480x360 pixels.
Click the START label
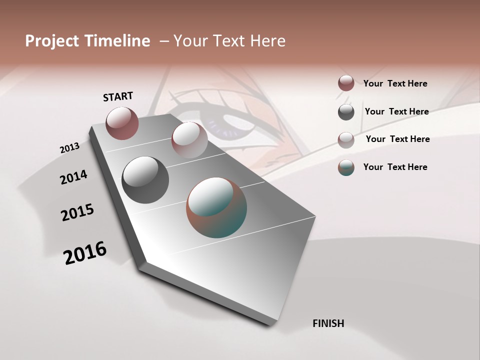click(x=118, y=96)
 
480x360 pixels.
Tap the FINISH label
click(x=328, y=323)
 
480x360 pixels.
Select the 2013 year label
click(x=69, y=148)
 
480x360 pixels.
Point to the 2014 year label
click(x=73, y=177)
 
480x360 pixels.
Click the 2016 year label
click(x=85, y=253)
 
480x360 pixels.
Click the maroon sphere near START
click(x=122, y=123)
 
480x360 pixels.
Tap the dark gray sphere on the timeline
click(x=145, y=180)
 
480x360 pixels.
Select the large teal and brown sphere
click(x=216, y=207)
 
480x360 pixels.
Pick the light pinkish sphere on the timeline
click(x=189, y=140)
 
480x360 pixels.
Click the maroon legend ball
click(x=346, y=83)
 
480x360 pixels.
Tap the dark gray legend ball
click(x=346, y=112)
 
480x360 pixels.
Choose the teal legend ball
click(x=346, y=167)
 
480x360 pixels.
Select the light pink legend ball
click(x=346, y=140)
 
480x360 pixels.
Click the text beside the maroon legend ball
click(x=395, y=83)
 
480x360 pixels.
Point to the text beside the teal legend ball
click(x=395, y=167)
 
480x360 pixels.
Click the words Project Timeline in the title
click(x=87, y=41)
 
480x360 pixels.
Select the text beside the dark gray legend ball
click(x=396, y=111)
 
